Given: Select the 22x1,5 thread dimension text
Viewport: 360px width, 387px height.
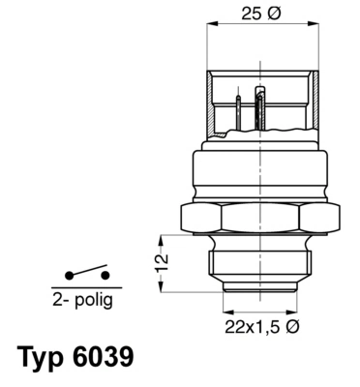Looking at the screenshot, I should click(250, 326).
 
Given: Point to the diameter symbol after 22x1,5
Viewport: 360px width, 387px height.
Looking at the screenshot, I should click(294, 326).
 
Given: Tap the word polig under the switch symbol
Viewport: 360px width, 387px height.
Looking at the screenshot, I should click(90, 301).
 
